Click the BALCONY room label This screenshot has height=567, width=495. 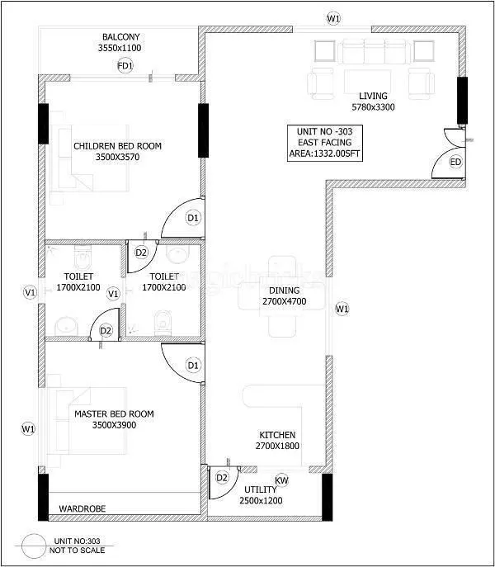pyautogui.click(x=121, y=37)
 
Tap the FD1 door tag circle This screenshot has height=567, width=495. pyautogui.click(x=125, y=65)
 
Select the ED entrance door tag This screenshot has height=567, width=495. pyautogui.click(x=455, y=162)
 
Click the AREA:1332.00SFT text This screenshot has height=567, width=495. pyautogui.click(x=328, y=154)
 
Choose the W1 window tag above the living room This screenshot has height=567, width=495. pyautogui.click(x=333, y=17)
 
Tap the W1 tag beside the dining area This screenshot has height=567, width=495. pyautogui.click(x=342, y=309)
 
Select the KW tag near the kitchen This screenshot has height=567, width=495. pyautogui.click(x=281, y=480)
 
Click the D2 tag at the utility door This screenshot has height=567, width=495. pyautogui.click(x=221, y=477)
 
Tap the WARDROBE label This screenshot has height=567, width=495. pyautogui.click(x=82, y=509)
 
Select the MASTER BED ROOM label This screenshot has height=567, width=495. pyautogui.click(x=114, y=413)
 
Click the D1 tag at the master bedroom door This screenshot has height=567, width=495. pyautogui.click(x=193, y=364)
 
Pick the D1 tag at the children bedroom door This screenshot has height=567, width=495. pyautogui.click(x=193, y=218)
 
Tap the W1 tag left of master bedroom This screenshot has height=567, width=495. pyautogui.click(x=29, y=428)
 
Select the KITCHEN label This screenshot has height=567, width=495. pyautogui.click(x=276, y=435)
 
